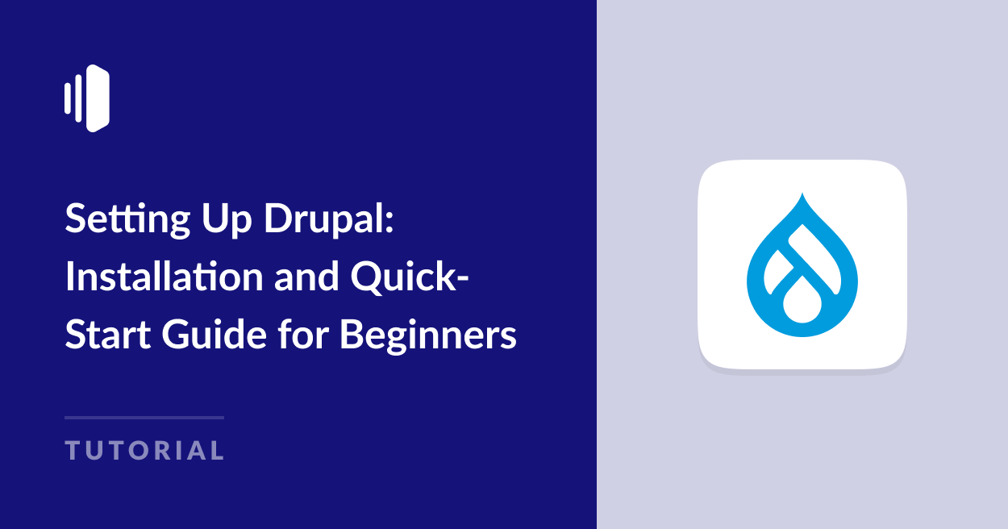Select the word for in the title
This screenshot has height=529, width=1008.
[x=297, y=334]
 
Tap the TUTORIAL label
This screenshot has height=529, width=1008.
[x=144, y=450]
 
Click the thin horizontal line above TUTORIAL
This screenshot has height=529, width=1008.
[x=144, y=417]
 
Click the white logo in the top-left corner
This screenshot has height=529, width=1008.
[x=87, y=98]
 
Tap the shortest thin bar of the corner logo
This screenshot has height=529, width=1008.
[x=68, y=98]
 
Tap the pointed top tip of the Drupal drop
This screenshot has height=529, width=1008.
[x=802, y=195]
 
